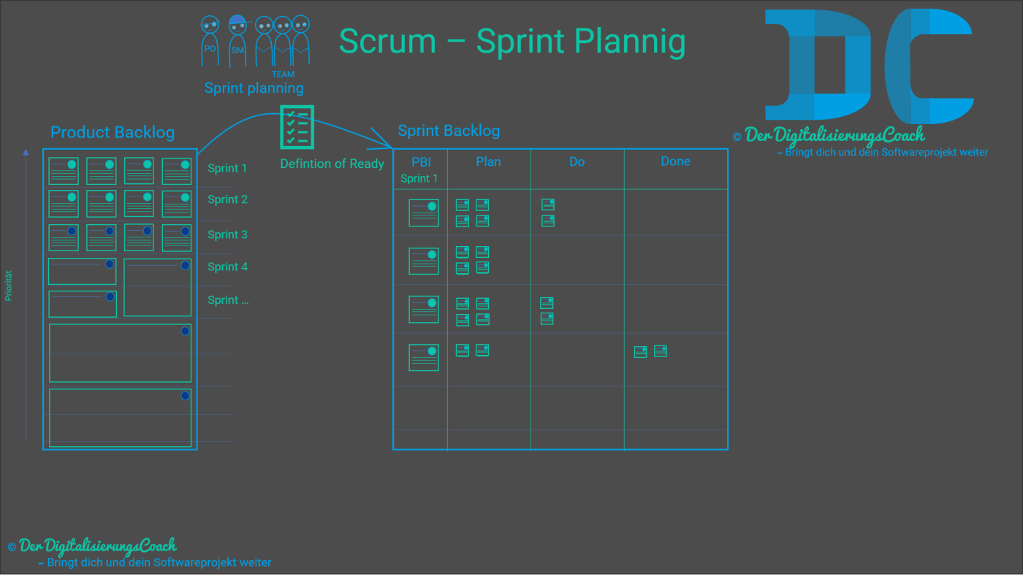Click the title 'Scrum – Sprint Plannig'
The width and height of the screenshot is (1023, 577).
pyautogui.click(x=512, y=42)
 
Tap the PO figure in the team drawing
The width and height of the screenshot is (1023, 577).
pyautogui.click(x=210, y=41)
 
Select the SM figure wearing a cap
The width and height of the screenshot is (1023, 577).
pyautogui.click(x=237, y=40)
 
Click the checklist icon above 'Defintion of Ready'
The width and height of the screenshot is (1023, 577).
pyautogui.click(x=297, y=127)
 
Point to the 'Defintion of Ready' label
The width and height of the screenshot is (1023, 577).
pyautogui.click(x=332, y=164)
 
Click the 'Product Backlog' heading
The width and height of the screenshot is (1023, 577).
pyautogui.click(x=113, y=132)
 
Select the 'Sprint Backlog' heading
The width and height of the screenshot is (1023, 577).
pyautogui.click(x=449, y=131)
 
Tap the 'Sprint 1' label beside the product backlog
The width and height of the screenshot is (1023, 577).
pyautogui.click(x=227, y=168)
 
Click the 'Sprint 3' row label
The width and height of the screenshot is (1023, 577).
pyautogui.click(x=227, y=234)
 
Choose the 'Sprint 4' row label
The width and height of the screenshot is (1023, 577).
pyautogui.click(x=227, y=267)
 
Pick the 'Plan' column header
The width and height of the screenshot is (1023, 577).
pyautogui.click(x=488, y=161)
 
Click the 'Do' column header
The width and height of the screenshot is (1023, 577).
pyautogui.click(x=577, y=161)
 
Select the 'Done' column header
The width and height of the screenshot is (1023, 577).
pyautogui.click(x=675, y=161)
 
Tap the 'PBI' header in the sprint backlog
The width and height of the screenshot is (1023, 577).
pyautogui.click(x=421, y=162)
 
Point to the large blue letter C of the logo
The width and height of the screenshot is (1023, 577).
pyautogui.click(x=928, y=66)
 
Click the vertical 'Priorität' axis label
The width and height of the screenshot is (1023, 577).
pyautogui.click(x=9, y=286)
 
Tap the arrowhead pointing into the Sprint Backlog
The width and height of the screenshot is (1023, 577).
pyautogui.click(x=383, y=139)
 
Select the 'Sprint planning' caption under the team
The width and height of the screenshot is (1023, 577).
pyautogui.click(x=254, y=88)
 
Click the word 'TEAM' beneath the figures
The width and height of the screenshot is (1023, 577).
pyautogui.click(x=283, y=74)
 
